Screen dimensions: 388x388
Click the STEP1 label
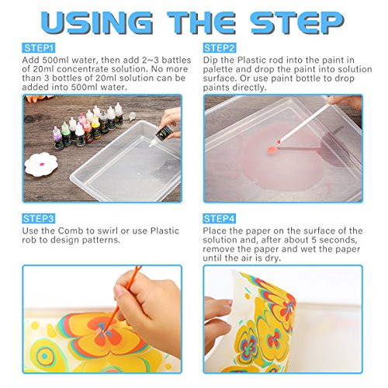click(38, 48)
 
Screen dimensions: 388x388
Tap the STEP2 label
click(220, 48)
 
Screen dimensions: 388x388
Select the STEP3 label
click(38, 219)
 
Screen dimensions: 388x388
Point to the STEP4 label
click(220, 219)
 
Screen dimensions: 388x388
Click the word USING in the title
click(97, 23)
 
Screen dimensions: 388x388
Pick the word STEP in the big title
click(297, 23)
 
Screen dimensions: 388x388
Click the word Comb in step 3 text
click(71, 230)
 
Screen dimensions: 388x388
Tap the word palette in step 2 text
click(220, 69)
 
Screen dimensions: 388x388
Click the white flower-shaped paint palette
click(41, 165)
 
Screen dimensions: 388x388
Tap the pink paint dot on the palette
click(41, 164)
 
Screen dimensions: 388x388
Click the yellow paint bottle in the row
click(96, 128)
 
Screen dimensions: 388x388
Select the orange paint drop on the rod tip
click(272, 149)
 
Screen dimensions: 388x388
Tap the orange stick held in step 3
click(122, 300)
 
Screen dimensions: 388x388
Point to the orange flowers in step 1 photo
click(39, 99)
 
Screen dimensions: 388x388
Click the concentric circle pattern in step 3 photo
click(44, 357)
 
